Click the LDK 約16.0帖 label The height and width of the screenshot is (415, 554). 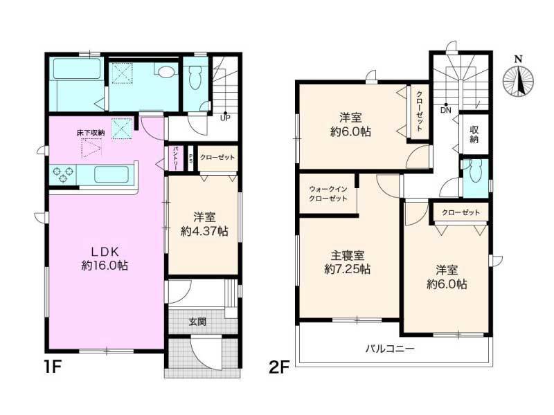tap(105, 258)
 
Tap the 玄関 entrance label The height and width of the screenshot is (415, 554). tap(197, 322)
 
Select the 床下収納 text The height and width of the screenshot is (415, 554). tap(91, 133)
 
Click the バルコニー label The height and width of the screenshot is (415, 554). tap(390, 349)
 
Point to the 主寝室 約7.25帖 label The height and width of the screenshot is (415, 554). tap(348, 262)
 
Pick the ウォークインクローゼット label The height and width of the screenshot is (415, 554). tap(328, 194)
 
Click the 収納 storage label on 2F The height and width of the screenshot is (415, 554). tap(474, 134)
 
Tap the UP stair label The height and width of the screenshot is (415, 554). tap(225, 118)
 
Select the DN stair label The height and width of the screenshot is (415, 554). tap(445, 110)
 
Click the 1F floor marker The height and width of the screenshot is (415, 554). tap(53, 367)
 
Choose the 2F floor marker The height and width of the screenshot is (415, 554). tap(279, 367)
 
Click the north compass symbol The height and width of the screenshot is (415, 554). tap(518, 78)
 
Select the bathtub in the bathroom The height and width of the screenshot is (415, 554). tap(77, 68)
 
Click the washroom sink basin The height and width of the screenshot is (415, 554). tap(166, 72)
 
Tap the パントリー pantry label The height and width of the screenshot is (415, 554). tap(175, 158)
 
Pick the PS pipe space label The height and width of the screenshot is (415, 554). tap(191, 158)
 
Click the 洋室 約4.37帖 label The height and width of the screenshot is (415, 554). tap(204, 224)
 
